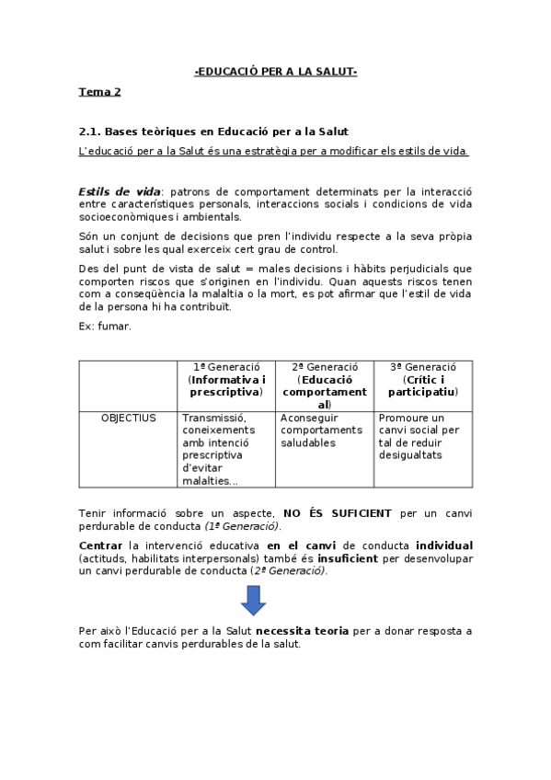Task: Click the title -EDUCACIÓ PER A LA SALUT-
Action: tap(275, 72)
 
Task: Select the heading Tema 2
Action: tap(99, 92)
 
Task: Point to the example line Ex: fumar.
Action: tap(105, 326)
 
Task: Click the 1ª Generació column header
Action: tap(226, 379)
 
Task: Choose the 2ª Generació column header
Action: tap(324, 385)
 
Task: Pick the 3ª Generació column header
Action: tap(422, 379)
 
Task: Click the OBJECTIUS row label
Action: tap(128, 418)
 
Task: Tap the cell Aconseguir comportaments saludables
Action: tap(322, 430)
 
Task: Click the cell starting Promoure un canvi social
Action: tap(419, 436)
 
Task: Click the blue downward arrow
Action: tap(253, 601)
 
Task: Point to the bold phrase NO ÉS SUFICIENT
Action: tap(338, 513)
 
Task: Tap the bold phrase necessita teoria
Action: tap(302, 631)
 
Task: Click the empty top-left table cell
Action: tap(128, 385)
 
